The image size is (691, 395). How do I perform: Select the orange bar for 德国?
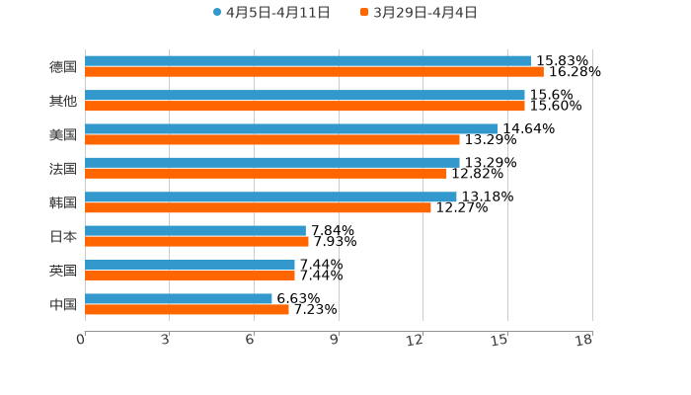coord(314,72)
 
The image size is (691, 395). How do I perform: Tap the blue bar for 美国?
coord(291,128)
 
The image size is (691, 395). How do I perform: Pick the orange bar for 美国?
coord(272,139)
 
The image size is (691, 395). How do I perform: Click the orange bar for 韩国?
coord(258,207)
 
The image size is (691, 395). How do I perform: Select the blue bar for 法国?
coord(272,162)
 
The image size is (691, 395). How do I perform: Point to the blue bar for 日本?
coord(195,230)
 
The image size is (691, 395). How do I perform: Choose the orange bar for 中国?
coord(187,309)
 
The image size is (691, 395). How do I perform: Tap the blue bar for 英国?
coord(190,265)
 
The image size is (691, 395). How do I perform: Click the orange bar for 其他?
coord(305,106)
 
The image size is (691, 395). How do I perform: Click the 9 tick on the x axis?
coord(334,341)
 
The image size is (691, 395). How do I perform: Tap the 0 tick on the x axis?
coord(81,341)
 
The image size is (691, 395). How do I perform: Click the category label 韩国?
coord(63,202)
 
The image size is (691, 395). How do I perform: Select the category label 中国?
coord(63,304)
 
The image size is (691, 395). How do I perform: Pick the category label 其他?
coord(63,101)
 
